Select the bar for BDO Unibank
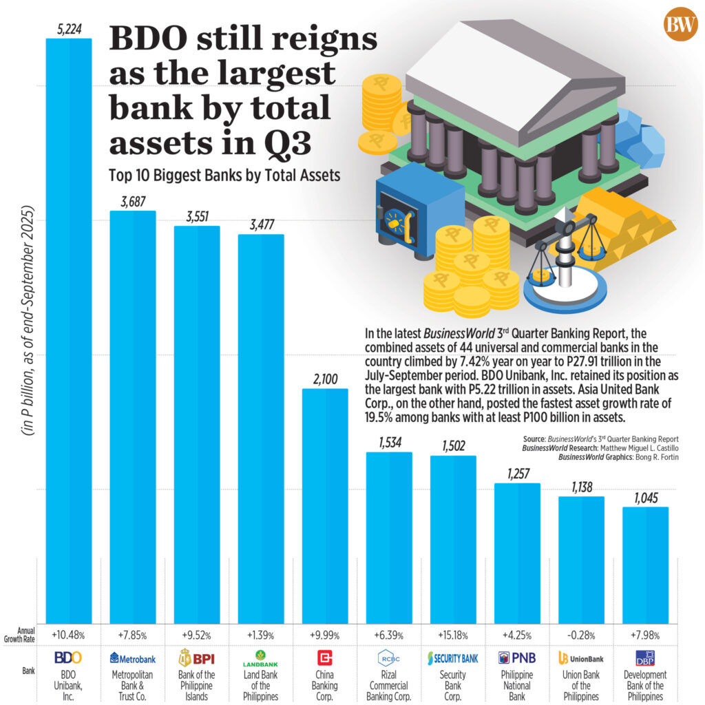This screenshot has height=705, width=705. pos(68,330)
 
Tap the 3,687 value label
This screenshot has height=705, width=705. pos(133,202)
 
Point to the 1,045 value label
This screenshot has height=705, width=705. pos(645,498)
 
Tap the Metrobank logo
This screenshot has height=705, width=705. pos(133,658)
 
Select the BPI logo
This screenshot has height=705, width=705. pos(197,657)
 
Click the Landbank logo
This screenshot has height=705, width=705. pos(261,658)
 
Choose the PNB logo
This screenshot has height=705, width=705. pos(516,657)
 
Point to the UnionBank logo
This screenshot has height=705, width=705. pos(581,658)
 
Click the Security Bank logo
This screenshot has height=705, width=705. pos(452,658)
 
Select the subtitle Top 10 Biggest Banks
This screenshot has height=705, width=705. pos(224,175)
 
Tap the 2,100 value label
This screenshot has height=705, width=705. pos(326,379)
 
